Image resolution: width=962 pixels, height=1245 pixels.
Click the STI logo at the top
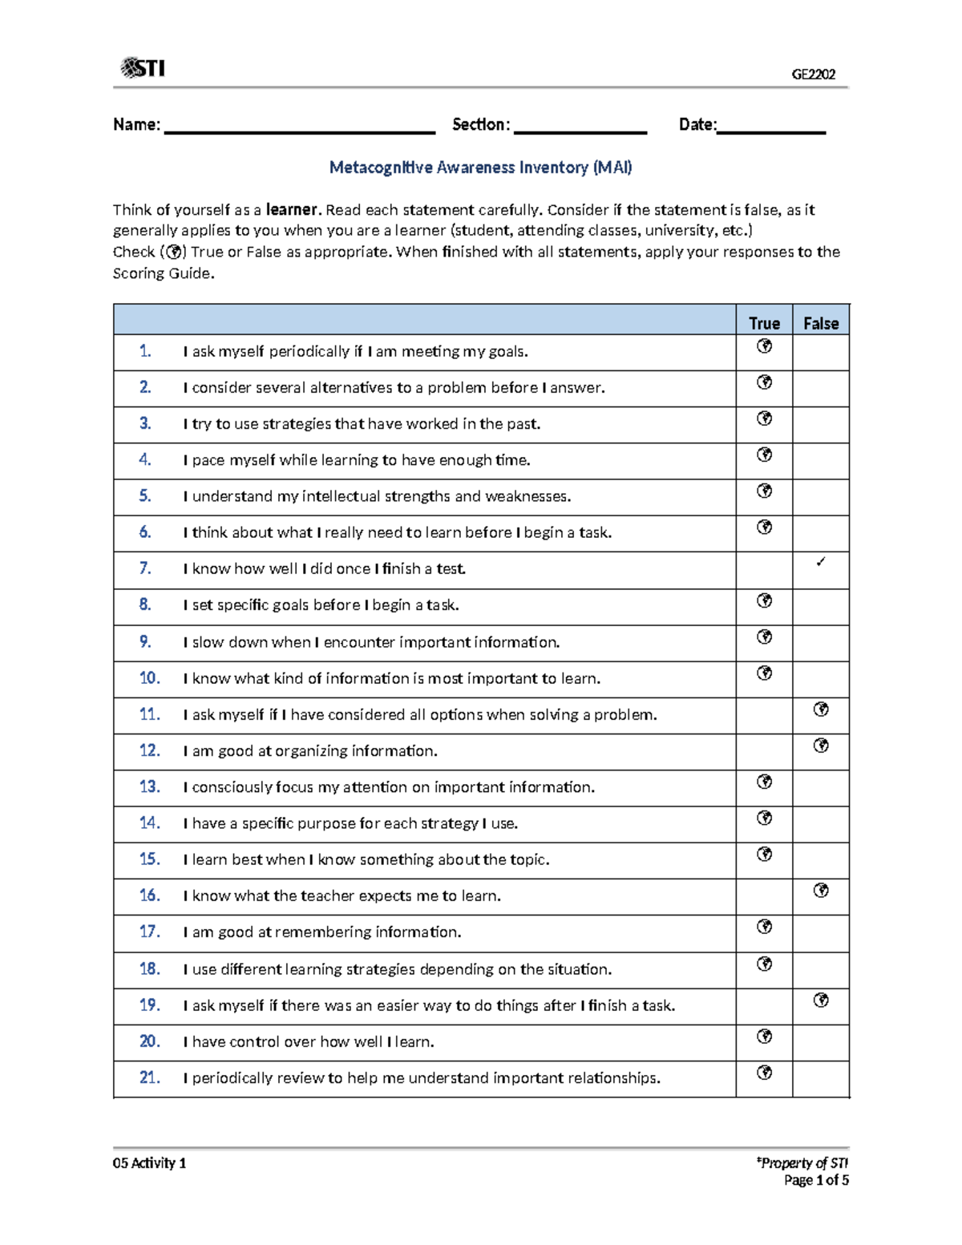click(143, 68)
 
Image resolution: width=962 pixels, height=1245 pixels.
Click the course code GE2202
click(813, 75)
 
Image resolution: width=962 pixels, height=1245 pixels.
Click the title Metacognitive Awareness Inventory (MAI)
click(480, 168)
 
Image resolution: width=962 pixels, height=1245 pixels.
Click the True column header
click(764, 323)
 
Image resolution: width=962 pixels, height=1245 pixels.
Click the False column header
click(821, 323)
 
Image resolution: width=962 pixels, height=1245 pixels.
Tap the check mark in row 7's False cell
click(821, 562)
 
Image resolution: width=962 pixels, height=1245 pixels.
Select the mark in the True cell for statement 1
click(765, 346)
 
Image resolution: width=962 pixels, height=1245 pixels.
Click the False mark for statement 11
click(821, 709)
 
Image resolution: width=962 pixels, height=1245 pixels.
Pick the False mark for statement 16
click(821, 891)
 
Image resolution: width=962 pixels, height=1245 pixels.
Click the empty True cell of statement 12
click(764, 752)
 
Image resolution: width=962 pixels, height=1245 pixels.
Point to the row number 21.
click(150, 1077)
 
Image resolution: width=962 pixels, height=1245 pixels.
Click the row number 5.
click(145, 496)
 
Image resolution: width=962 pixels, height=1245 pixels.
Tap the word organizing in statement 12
click(310, 751)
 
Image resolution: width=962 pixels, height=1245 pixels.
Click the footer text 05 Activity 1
click(150, 1163)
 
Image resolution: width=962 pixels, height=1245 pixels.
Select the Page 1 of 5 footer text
click(816, 1180)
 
